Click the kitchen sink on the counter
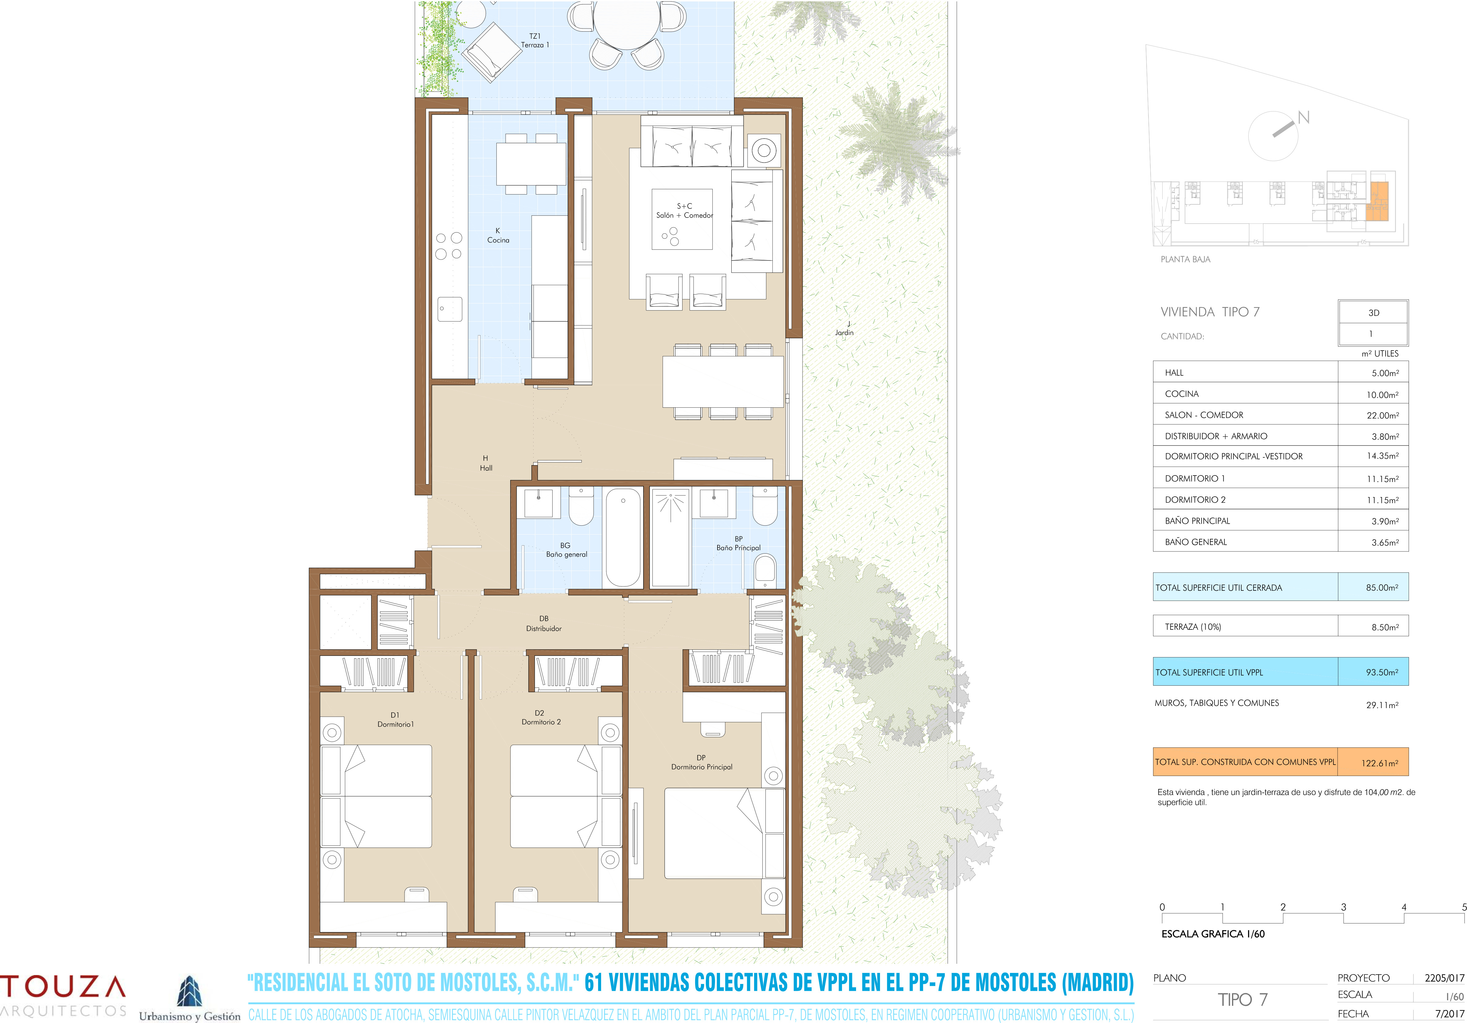click(450, 309)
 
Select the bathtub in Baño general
click(623, 537)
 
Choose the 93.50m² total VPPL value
click(1382, 672)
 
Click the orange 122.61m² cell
click(1373, 762)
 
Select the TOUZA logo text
click(63, 987)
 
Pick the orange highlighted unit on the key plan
click(1378, 201)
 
